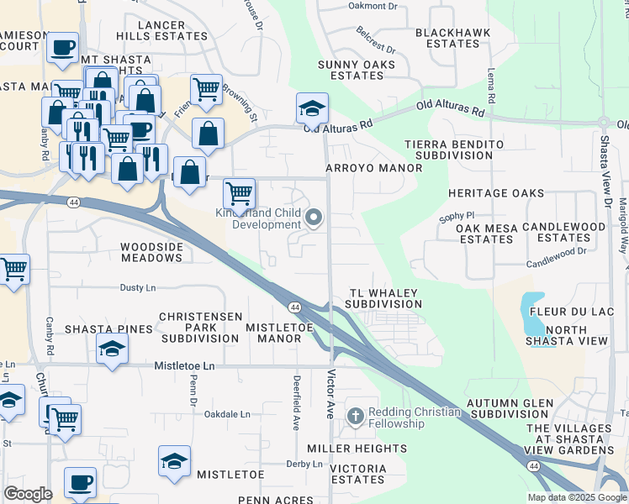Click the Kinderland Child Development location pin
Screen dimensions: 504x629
point(314,218)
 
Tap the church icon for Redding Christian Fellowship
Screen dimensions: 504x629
point(357,417)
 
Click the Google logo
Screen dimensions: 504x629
point(28,493)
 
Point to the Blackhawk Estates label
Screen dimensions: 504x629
point(447,38)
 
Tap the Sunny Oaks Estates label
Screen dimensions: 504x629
point(351,70)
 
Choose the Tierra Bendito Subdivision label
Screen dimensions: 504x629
point(454,150)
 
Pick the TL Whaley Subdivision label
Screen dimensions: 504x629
point(383,298)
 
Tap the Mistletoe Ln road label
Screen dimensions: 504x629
point(185,366)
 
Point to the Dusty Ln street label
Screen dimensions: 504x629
point(139,287)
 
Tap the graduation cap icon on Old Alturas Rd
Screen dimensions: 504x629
point(312,107)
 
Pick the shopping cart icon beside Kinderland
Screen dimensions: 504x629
point(240,192)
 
